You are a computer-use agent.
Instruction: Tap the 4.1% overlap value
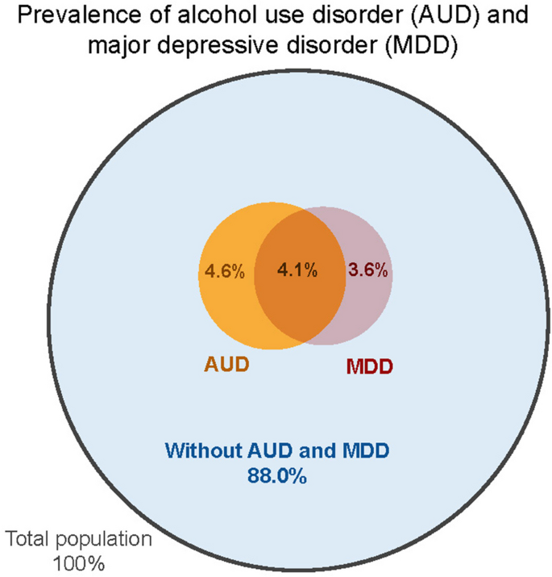tap(296, 271)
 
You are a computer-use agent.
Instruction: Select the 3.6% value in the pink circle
tap(369, 271)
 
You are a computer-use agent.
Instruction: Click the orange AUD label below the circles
tap(226, 364)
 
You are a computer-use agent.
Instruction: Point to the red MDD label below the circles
tap(369, 368)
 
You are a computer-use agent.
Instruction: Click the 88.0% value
tap(276, 477)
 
